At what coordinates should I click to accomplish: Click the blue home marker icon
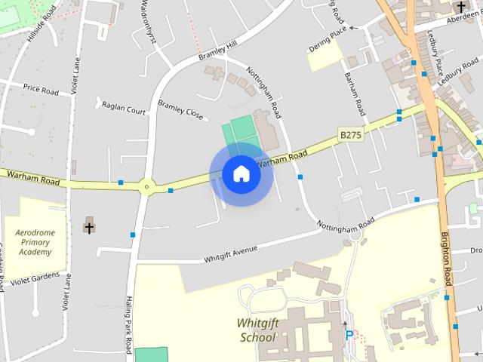tap(241, 174)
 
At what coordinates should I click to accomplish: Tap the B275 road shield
tap(351, 134)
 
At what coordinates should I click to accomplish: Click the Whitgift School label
tap(257, 330)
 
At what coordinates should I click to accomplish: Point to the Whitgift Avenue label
tap(231, 253)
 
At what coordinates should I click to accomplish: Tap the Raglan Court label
tap(124, 110)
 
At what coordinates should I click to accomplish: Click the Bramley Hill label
tap(217, 52)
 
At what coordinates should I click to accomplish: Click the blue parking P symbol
tap(349, 335)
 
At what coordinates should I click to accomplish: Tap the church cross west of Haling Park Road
tap(89, 225)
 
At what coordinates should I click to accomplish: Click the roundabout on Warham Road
tap(146, 185)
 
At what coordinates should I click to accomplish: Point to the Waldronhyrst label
tap(150, 24)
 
